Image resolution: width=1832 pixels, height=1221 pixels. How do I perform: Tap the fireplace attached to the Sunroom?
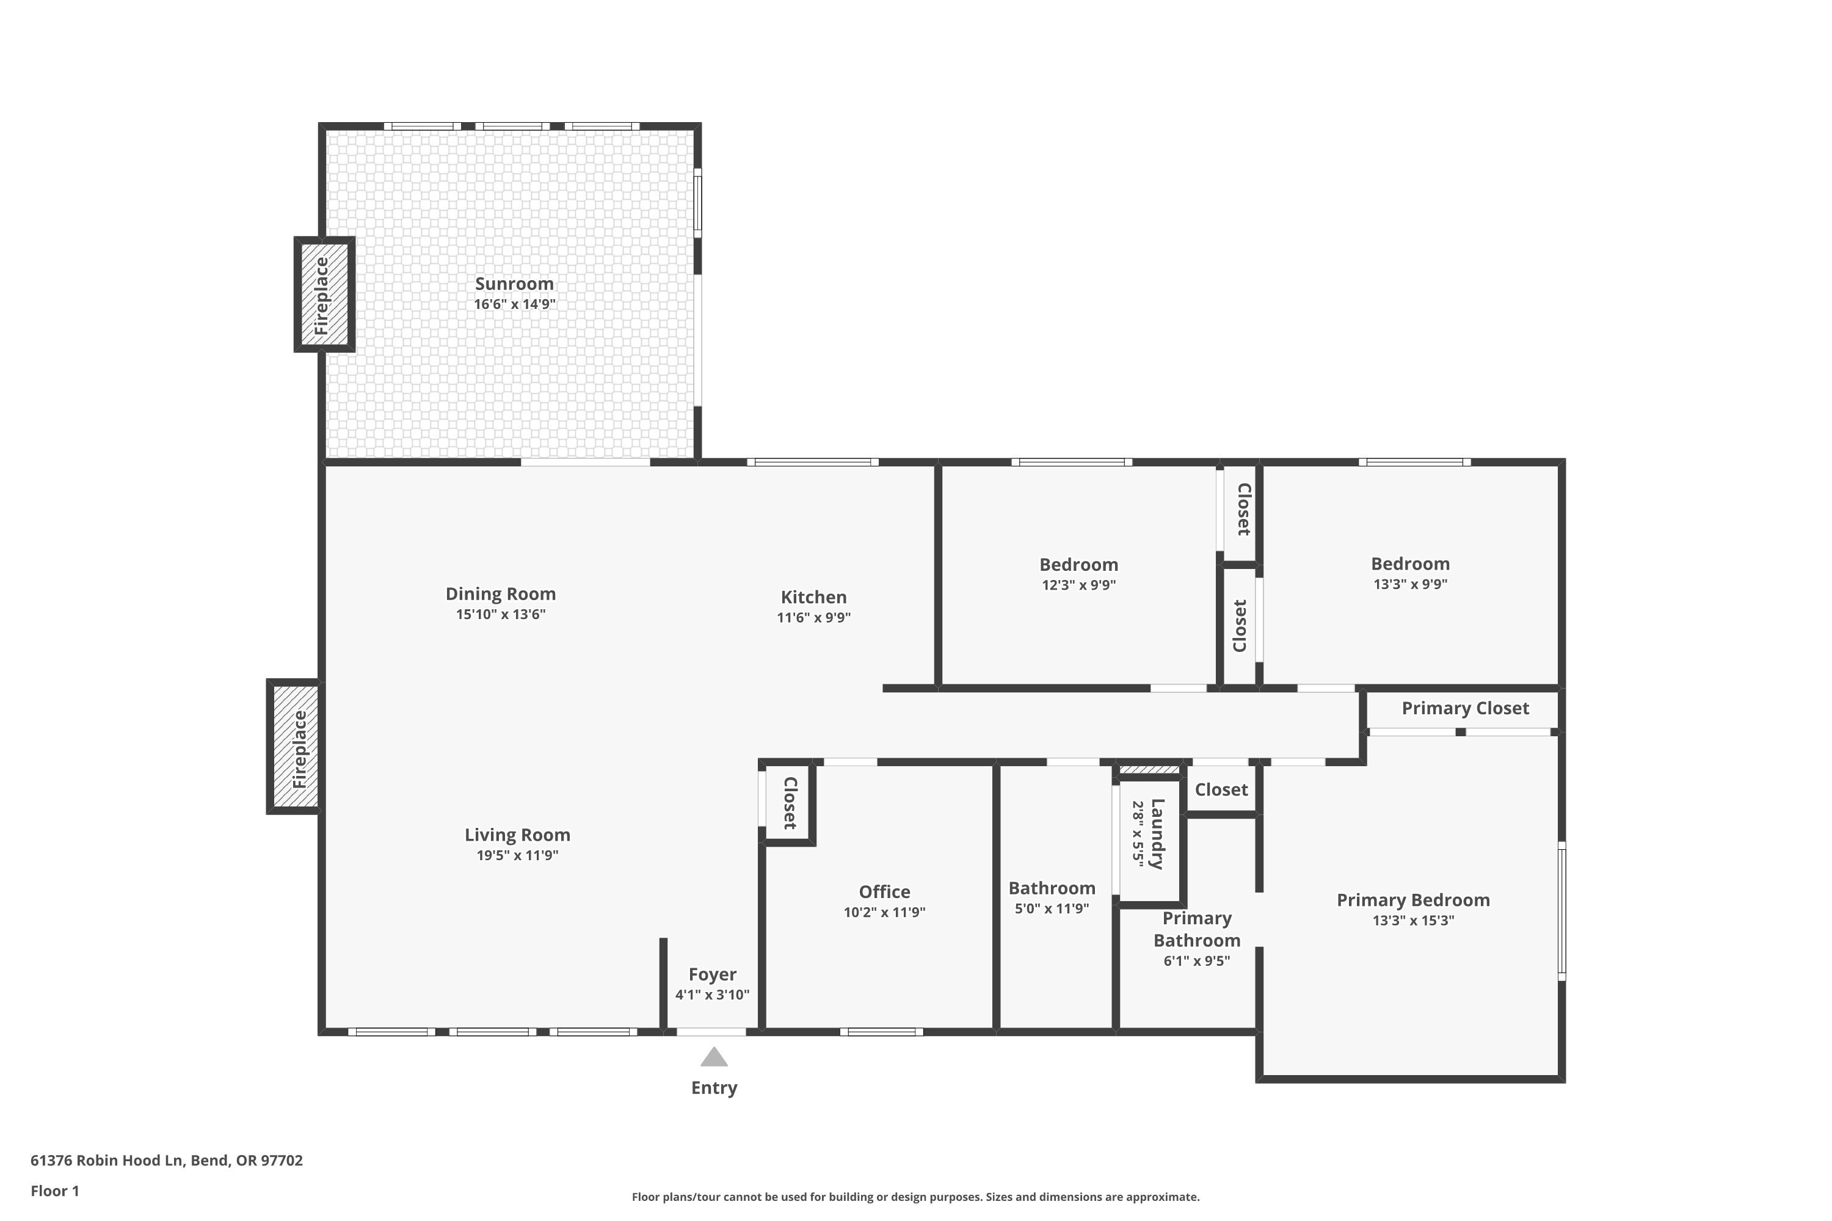coord(323,295)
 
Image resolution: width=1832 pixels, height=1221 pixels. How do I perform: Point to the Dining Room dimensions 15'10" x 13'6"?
coord(500,614)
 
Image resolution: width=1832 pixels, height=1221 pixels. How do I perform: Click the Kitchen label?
coord(813,597)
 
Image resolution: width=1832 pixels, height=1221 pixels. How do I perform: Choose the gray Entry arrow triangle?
coord(713,1057)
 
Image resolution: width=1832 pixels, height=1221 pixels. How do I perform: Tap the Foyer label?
coord(712,974)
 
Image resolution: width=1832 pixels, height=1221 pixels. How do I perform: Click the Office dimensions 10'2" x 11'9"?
coord(884,912)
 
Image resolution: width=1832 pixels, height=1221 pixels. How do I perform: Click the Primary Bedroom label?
coord(1413,900)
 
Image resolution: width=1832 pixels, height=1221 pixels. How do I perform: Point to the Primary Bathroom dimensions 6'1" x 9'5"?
coord(1196,961)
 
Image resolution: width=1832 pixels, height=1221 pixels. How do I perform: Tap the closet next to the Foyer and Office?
coord(789,803)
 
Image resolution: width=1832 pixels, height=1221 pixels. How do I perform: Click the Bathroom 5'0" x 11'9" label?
coord(1052,888)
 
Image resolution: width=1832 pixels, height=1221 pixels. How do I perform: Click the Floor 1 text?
coord(54,1190)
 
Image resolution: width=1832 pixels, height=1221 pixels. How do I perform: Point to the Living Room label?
coord(517,835)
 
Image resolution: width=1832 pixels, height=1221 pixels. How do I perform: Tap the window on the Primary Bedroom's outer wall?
coord(1561,910)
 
